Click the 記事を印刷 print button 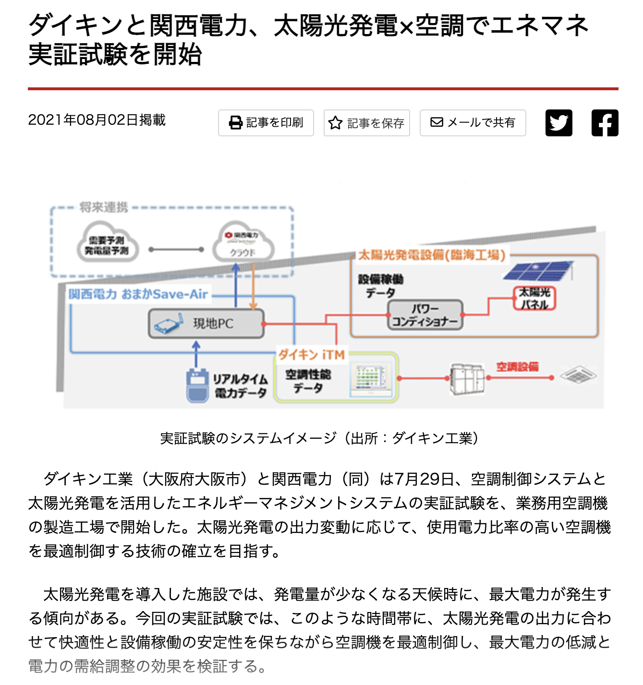pos(266,123)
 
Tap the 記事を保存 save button pos(366,123)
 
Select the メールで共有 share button pos(473,123)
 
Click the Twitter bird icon pos(558,123)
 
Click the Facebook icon pos(605,123)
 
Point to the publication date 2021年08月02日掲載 pos(97,120)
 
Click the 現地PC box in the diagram pos(206,324)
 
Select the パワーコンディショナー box pos(425,315)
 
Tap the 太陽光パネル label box pos(534,298)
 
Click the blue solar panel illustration pos(537,271)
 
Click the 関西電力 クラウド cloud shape pos(243,244)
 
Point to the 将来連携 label pos(104,207)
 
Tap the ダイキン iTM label pos(311,355)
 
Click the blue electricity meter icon pos(197,385)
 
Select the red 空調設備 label pos(517,367)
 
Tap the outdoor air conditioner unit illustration pos(467,378)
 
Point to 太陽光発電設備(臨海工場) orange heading pos(432,255)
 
